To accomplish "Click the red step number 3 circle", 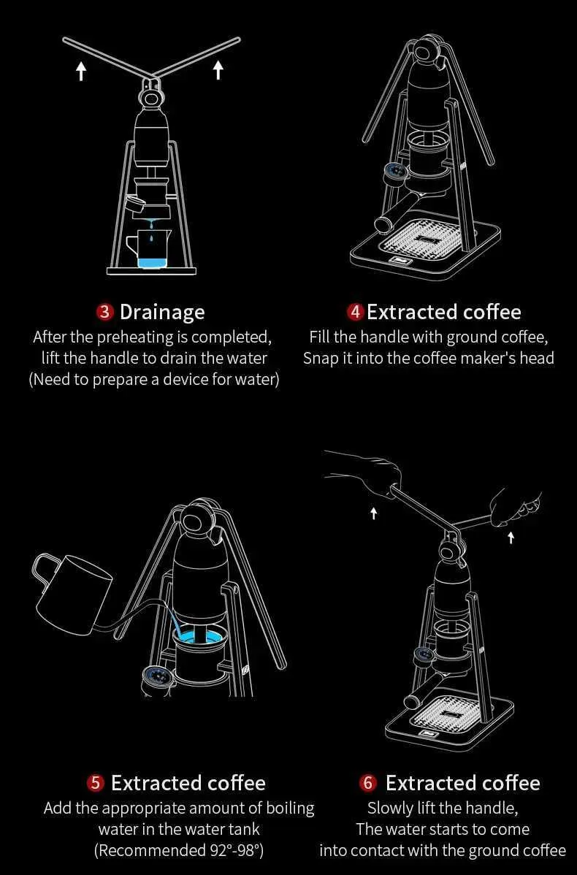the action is [105, 311].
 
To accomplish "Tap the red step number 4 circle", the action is [355, 311].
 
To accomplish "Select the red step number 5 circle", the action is [96, 783].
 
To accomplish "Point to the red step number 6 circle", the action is [367, 783].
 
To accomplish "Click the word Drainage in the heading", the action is [162, 313].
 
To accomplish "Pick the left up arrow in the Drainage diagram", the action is [82, 71].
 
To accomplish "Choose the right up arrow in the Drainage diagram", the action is [218, 69].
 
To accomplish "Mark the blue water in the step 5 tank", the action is [197, 636].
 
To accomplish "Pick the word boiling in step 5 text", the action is [290, 809].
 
